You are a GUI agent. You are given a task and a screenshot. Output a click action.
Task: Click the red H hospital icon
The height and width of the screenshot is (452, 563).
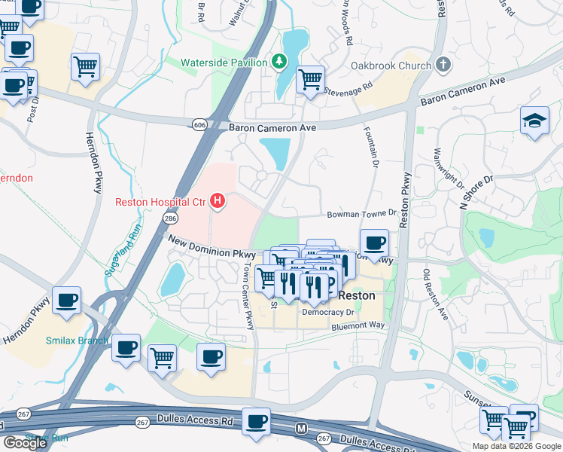click(218, 201)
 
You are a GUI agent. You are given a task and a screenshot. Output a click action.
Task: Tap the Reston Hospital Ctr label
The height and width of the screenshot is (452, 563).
click(160, 201)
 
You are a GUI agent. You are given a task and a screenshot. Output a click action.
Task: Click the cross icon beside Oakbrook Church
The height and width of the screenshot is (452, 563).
click(443, 65)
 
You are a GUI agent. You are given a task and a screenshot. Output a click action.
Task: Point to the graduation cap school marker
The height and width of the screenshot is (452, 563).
click(534, 121)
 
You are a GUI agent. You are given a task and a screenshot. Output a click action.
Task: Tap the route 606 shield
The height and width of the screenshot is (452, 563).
click(199, 124)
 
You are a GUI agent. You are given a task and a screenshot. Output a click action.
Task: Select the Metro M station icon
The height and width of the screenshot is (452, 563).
click(301, 429)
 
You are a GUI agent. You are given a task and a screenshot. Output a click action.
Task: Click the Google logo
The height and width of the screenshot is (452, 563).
click(26, 442)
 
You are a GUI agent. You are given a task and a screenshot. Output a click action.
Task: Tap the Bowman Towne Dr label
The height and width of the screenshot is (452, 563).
click(361, 215)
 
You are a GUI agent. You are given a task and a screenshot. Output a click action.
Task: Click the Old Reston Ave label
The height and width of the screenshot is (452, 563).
click(435, 295)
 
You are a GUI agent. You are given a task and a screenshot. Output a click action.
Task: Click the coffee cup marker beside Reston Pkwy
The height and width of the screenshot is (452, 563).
click(374, 244)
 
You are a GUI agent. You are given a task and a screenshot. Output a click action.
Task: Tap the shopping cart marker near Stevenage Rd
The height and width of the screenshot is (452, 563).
click(310, 79)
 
